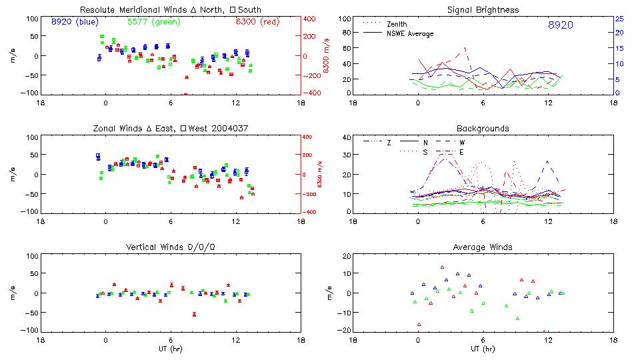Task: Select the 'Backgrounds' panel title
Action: tap(483, 128)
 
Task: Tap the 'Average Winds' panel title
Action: tap(483, 247)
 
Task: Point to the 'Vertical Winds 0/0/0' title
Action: tap(170, 247)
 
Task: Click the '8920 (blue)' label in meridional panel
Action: tap(75, 22)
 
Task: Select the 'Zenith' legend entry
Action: tap(396, 24)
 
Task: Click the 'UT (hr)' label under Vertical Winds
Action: tap(171, 349)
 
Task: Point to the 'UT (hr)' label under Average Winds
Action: tap(483, 349)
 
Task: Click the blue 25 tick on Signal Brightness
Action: tap(619, 19)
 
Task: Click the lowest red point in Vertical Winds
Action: tap(194, 314)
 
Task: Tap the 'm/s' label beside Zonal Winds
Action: tap(14, 175)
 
